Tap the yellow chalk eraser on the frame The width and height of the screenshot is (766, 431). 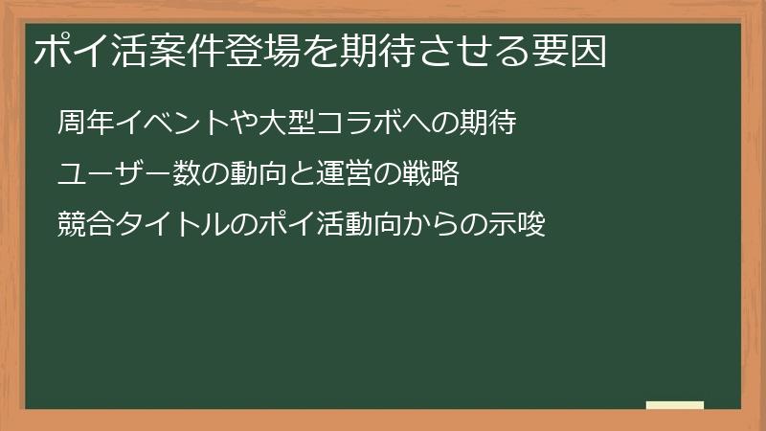coord(675,405)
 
